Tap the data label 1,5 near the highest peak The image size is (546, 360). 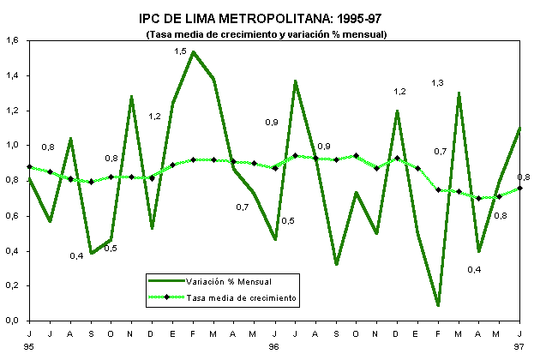(180, 51)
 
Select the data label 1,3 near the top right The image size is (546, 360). (438, 82)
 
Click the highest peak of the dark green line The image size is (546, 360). (193, 52)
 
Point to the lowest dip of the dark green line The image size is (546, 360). (439, 305)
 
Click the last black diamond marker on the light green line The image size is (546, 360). (519, 188)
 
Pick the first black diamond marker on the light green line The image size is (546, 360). (30, 167)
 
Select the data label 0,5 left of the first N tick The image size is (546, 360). (111, 249)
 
